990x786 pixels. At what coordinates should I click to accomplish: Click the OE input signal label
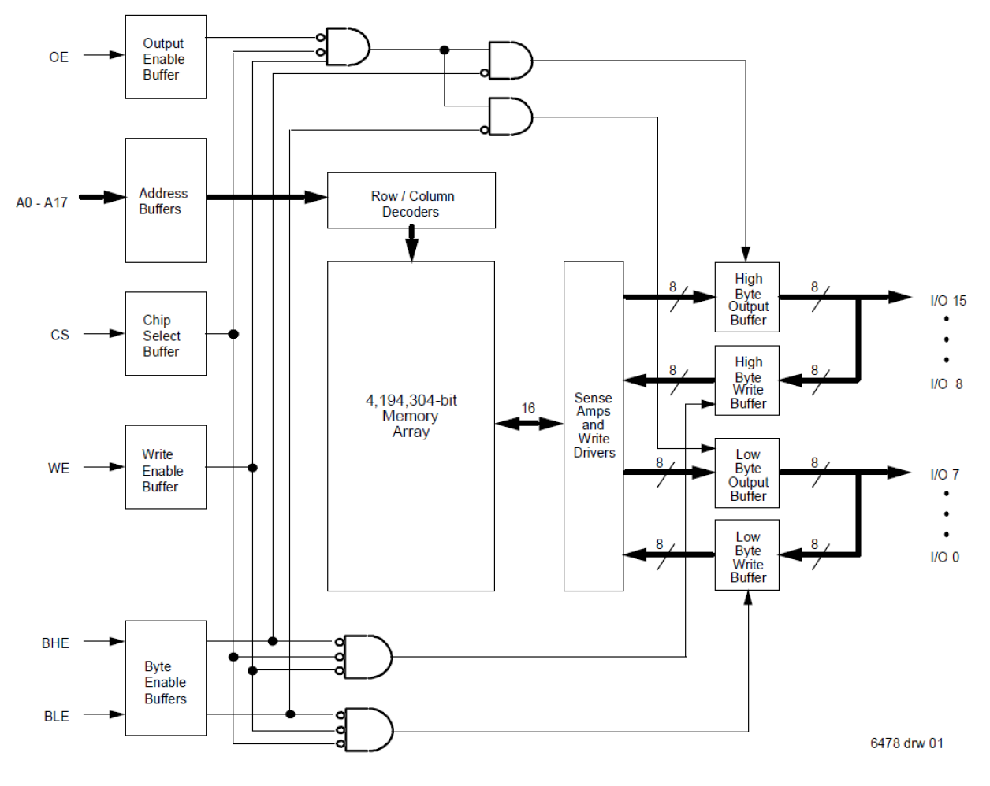[x=58, y=57]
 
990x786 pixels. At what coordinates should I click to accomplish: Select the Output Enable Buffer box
[x=166, y=57]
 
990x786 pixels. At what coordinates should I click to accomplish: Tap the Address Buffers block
[x=166, y=201]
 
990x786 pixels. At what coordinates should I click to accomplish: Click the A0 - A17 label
[x=42, y=202]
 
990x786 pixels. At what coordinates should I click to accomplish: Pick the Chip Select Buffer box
[x=166, y=334]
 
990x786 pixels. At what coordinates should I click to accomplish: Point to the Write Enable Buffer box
[x=166, y=468]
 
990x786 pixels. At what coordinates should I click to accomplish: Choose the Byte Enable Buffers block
[x=166, y=679]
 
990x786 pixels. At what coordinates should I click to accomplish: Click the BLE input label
[x=56, y=716]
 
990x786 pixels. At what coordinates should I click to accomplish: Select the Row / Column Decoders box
[x=411, y=202]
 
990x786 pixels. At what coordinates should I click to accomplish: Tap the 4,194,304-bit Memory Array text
[x=411, y=416]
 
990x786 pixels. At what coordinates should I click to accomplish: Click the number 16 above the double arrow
[x=528, y=408]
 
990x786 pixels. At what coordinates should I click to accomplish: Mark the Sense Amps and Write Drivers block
[x=594, y=426]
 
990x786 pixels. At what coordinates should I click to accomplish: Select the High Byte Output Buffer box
[x=747, y=298]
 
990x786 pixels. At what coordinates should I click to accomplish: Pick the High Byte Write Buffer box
[x=747, y=381]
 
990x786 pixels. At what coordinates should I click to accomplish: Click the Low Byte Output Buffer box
[x=747, y=473]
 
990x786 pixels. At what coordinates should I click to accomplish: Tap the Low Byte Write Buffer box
[x=747, y=555]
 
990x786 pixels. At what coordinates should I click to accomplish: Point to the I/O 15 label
[x=947, y=301]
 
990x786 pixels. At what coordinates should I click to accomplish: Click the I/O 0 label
[x=944, y=557]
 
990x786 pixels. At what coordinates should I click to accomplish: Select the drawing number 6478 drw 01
[x=906, y=743]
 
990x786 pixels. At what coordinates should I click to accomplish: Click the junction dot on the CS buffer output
[x=233, y=334]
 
